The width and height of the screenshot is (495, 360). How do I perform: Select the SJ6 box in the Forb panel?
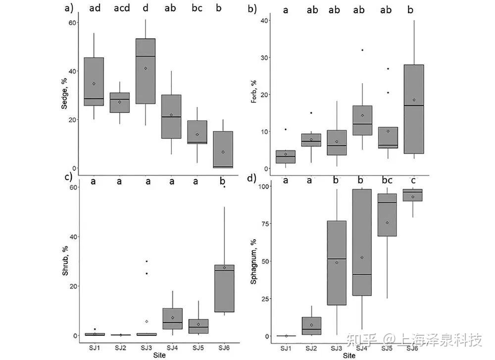[414, 109]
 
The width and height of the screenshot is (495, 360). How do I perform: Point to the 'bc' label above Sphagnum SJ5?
[388, 180]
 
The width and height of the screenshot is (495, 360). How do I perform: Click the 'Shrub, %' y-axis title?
[65, 261]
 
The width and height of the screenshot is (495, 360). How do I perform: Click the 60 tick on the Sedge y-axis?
[72, 23]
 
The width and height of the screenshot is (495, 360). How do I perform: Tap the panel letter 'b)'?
[252, 8]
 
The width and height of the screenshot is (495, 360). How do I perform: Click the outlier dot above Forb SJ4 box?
[362, 50]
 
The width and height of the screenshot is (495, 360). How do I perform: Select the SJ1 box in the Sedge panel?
[94, 81]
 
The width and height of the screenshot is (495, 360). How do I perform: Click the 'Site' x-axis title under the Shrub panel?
[159, 355]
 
